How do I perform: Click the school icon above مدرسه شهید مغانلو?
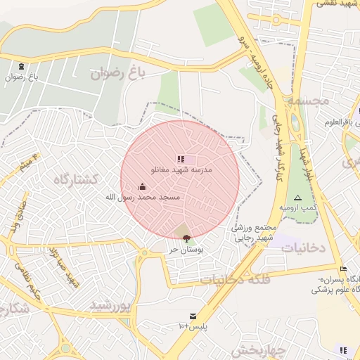point(181,160)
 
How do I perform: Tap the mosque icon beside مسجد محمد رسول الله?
point(143,186)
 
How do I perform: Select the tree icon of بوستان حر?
point(186,239)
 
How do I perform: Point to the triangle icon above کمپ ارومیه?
point(297,198)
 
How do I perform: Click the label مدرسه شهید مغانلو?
point(181,170)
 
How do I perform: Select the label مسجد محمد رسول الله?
point(143,198)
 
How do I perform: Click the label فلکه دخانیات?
point(236,279)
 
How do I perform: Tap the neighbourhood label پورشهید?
point(111,305)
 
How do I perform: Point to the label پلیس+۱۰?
point(191,327)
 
